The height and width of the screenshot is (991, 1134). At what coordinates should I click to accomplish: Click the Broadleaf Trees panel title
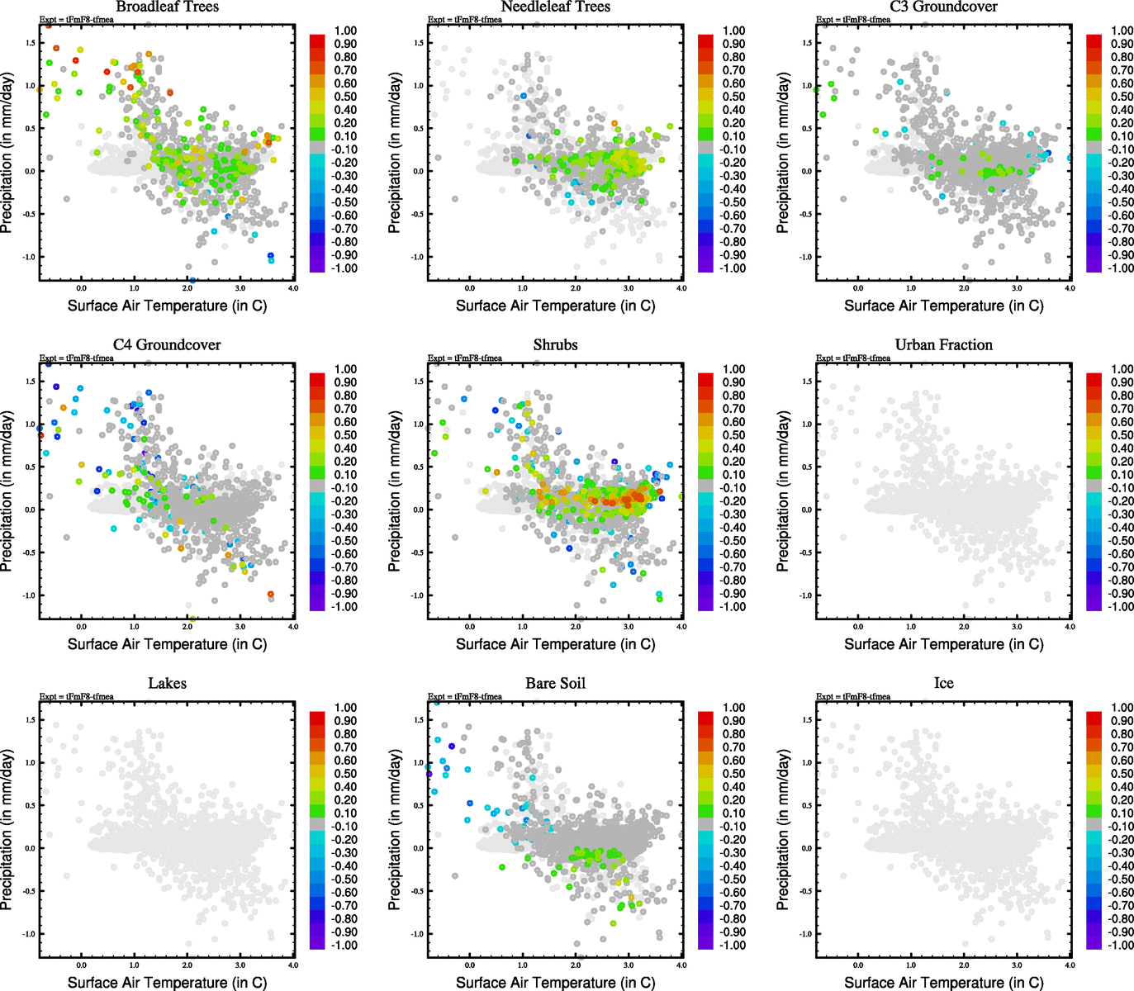coord(167,7)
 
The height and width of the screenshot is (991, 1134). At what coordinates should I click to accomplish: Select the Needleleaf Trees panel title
coord(555,7)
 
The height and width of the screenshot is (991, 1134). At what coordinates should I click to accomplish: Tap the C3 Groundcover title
coord(943,7)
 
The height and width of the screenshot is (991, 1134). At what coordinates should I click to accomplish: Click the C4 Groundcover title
coord(167,344)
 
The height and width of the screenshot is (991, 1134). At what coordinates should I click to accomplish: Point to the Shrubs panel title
coord(555,344)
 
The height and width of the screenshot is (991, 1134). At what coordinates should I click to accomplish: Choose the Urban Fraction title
coord(943,344)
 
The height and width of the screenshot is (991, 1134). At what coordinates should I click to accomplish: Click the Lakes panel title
coord(167,683)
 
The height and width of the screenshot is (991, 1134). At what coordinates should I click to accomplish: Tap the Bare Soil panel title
coord(555,683)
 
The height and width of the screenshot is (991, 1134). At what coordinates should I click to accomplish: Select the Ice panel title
coord(943,683)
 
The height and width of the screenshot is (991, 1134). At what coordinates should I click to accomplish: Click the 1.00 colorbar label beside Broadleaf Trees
coord(345,31)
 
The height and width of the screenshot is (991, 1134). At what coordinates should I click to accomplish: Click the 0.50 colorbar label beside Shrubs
coord(734,435)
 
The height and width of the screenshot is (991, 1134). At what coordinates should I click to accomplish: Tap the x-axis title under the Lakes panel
coord(167,982)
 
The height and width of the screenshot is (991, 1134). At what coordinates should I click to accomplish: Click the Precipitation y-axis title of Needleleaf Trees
coord(395,153)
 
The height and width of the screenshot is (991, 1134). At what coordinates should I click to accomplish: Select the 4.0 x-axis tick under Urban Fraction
coord(1070,627)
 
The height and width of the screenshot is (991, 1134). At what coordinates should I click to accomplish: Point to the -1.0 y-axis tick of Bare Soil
coord(418,934)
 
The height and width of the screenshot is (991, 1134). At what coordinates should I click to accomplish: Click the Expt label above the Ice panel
coord(853,696)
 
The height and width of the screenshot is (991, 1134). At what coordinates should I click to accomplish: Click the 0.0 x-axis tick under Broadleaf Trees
coord(81,288)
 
